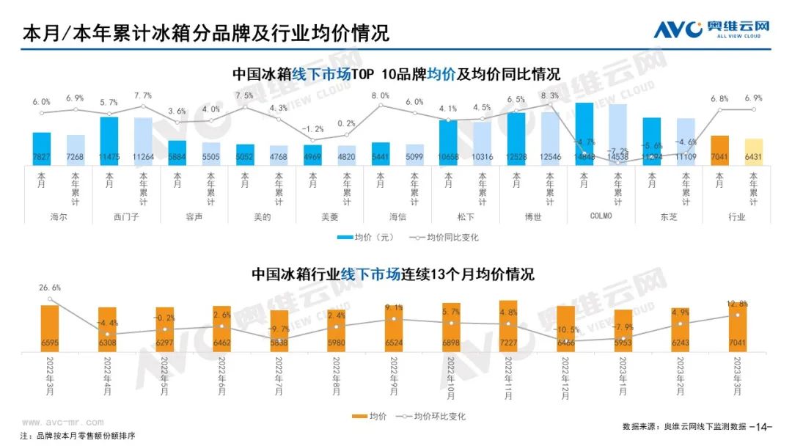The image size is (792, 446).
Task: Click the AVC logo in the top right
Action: click(x=712, y=29)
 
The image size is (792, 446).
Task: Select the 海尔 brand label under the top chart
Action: click(x=58, y=216)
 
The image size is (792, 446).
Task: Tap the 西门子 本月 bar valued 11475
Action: click(x=109, y=140)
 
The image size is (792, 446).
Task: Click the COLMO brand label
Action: click(x=601, y=216)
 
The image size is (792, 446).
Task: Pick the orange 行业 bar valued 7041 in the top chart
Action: click(x=719, y=150)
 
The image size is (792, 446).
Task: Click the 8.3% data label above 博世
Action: click(x=549, y=96)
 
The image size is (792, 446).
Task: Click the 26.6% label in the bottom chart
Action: click(x=50, y=288)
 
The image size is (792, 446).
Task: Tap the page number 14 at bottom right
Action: click(x=763, y=426)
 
